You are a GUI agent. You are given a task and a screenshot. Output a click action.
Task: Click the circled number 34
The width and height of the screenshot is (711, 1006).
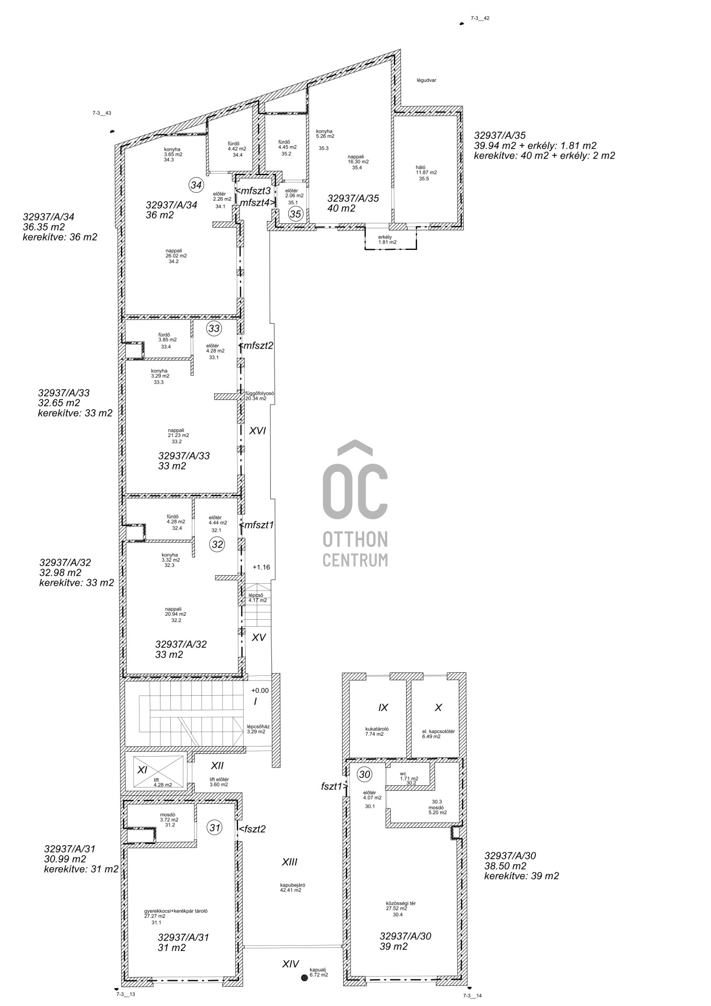(196, 185)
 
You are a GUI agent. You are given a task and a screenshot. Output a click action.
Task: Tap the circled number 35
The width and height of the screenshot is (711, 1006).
(296, 214)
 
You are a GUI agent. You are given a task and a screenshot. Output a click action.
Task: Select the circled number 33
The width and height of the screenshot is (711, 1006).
(214, 329)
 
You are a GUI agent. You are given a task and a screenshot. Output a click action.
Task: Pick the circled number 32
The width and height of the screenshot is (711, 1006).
(217, 544)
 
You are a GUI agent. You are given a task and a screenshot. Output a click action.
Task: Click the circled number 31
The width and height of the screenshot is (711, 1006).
(215, 828)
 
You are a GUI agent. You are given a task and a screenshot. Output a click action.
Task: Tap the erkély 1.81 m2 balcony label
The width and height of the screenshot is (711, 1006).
(387, 239)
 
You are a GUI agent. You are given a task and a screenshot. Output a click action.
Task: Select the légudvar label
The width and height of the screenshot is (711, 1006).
(426, 80)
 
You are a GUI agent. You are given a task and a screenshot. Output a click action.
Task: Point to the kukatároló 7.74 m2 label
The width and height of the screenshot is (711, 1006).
(377, 731)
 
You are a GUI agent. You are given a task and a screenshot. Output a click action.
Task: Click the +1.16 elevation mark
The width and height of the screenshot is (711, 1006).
(261, 567)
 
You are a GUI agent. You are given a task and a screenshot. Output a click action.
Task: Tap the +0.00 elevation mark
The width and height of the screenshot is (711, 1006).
(260, 691)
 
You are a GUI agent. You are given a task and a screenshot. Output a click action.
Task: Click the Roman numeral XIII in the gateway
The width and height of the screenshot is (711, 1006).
(290, 861)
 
